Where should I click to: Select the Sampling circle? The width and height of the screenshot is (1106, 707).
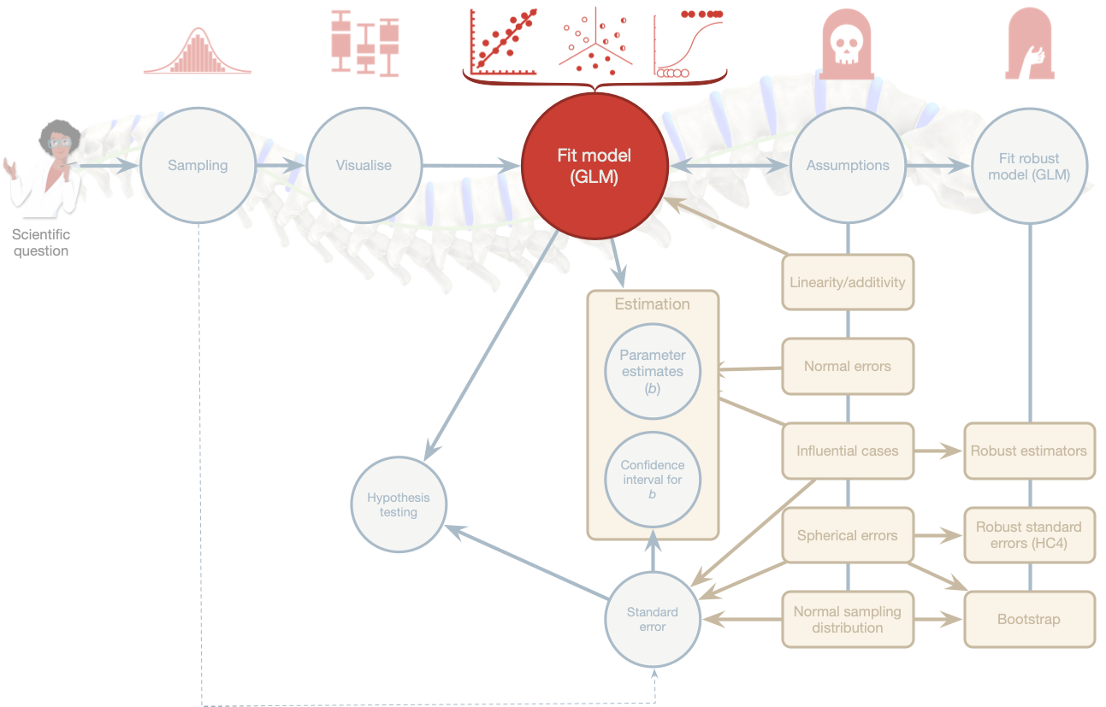(198, 166)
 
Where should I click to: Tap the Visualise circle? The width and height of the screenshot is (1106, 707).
(364, 166)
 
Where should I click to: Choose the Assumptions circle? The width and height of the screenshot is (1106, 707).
(848, 166)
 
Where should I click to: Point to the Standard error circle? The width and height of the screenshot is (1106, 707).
(652, 619)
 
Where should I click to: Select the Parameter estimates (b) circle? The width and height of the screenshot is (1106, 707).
(652, 372)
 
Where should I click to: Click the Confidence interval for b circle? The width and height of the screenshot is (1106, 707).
(652, 480)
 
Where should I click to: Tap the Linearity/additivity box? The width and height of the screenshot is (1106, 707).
(848, 282)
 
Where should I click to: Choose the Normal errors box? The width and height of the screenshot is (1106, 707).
(848, 366)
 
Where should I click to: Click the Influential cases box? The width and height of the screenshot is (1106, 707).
(848, 451)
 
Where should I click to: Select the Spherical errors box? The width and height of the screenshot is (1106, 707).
(848, 536)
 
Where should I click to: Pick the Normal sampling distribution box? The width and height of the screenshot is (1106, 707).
(848, 620)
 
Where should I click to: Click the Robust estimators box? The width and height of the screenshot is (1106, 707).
(1029, 451)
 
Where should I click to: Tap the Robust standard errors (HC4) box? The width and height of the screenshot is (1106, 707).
(1029, 535)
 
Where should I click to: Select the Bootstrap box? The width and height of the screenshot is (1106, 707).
(1029, 619)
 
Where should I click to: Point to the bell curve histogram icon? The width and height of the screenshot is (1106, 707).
(198, 51)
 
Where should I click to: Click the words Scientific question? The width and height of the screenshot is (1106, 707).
(41, 243)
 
